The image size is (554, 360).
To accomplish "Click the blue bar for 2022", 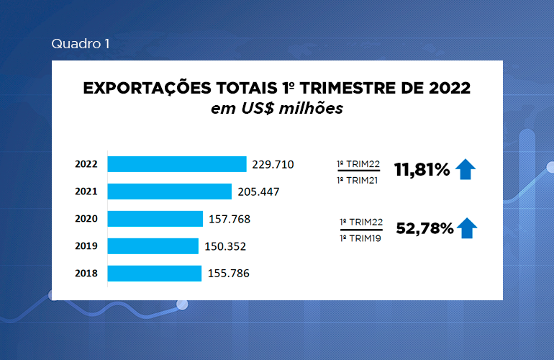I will point(176,164).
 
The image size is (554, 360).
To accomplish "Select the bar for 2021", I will point(169,192).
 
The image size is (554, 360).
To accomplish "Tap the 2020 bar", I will point(155,219).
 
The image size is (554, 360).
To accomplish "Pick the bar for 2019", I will point(153,246).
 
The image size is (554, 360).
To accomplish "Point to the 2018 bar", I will point(154,274).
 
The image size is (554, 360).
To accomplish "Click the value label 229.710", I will point(273,164).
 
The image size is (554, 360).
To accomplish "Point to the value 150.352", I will point(224,246).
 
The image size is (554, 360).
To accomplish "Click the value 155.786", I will point(227,274).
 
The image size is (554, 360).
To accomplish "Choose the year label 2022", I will point(86,164).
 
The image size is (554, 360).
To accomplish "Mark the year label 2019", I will point(86,246).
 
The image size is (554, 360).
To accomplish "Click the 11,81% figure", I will point(422,170).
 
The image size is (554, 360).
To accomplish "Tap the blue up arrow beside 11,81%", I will point(466,170).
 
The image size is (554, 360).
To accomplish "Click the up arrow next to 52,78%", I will point(468,228).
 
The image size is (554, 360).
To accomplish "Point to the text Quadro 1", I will point(81,44).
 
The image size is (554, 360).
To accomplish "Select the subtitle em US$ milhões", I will point(276,109).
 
